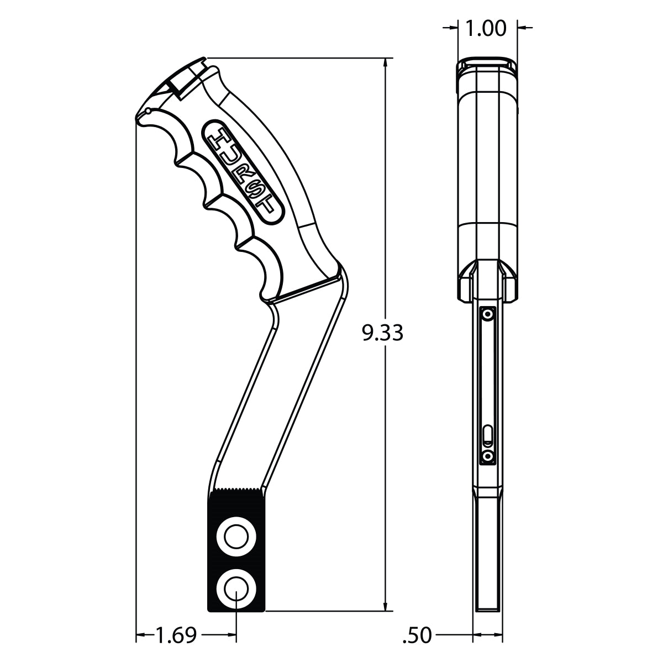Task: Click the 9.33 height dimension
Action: point(382,333)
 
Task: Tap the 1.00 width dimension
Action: point(486,28)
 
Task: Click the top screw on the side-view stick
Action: point(487,314)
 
